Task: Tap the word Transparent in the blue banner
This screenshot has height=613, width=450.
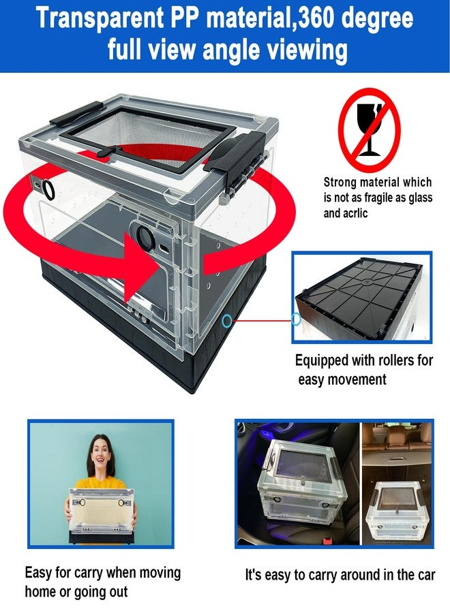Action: click(100, 19)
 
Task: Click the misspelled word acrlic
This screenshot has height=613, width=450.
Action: click(355, 213)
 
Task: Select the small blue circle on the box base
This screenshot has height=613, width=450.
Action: click(226, 321)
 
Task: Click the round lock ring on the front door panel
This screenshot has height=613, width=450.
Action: click(145, 236)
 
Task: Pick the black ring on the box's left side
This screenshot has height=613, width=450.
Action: click(49, 189)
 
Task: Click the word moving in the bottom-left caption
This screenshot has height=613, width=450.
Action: click(160, 573)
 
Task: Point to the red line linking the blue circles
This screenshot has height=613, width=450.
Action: click(262, 321)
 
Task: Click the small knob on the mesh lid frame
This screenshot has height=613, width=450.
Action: click(104, 152)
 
